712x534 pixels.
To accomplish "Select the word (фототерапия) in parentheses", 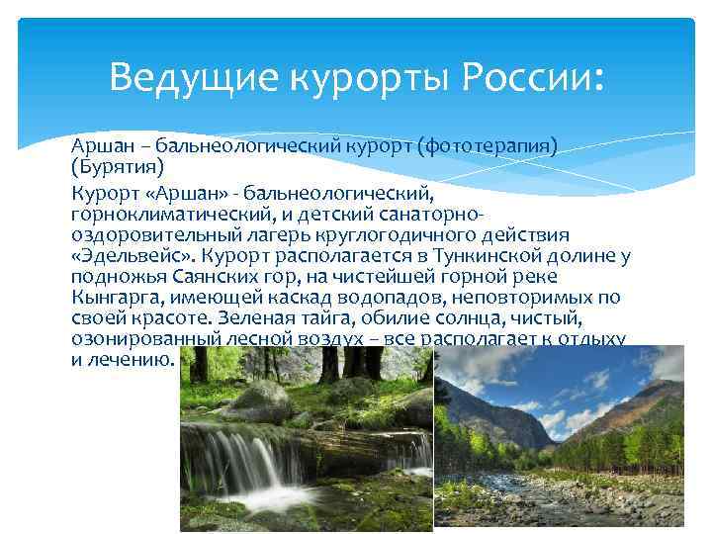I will [x=488, y=147].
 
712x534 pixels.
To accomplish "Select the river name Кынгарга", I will [x=119, y=296].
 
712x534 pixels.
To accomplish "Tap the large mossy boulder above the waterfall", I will [x=261, y=401].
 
